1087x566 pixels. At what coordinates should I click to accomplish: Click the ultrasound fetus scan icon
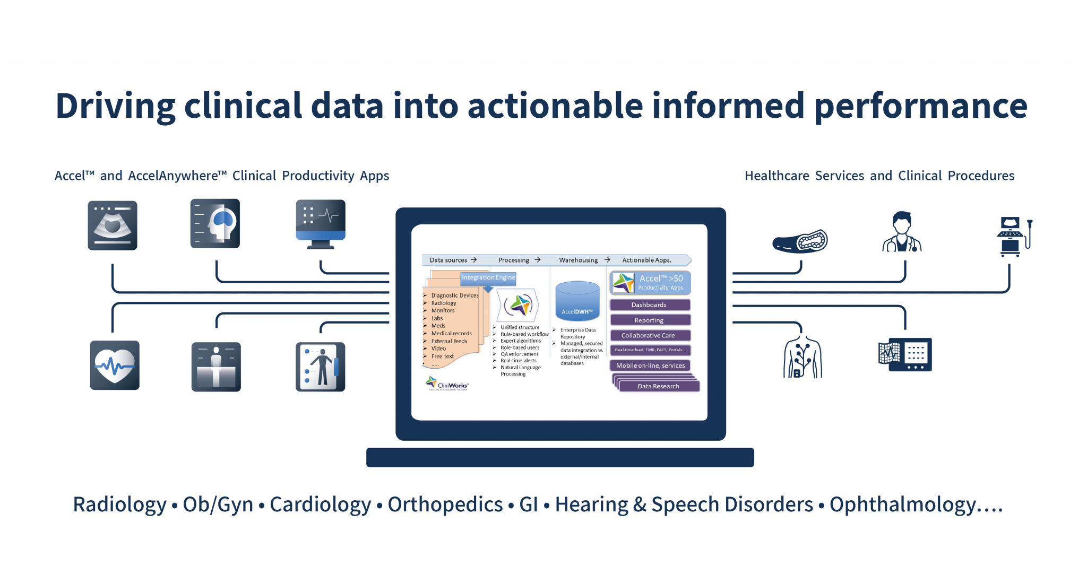pos(113,225)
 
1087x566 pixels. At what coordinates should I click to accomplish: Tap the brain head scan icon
pos(215,223)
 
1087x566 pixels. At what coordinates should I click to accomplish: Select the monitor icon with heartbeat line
pos(321,223)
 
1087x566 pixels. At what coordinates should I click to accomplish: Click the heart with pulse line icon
pos(115,365)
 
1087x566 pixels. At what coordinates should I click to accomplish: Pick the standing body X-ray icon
pos(320,367)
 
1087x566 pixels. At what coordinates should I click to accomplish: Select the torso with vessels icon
pos(803,357)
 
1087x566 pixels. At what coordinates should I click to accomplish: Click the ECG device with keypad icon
pos(905,354)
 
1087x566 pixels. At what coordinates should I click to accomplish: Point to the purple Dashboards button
pos(650,305)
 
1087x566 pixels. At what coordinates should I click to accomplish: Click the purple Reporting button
pos(650,320)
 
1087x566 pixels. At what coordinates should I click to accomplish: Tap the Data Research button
pos(658,386)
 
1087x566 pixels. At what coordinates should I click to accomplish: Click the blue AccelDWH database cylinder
pos(577,300)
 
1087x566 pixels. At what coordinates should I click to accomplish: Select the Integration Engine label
pos(488,277)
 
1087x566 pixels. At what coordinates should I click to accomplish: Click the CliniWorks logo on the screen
pos(447,384)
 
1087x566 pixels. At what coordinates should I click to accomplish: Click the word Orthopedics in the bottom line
pos(445,504)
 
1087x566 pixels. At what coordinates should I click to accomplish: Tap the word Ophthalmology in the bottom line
pos(902,504)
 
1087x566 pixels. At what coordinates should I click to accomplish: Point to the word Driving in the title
pos(115,106)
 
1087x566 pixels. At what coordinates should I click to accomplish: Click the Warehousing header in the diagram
pos(578,260)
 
